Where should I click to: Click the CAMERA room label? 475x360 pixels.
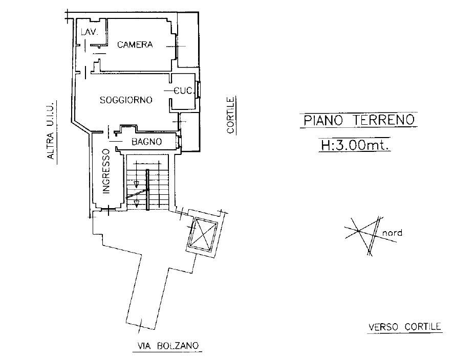[x=135, y=45]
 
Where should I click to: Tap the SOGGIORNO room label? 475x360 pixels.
[x=126, y=100]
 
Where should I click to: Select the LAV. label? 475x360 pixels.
[x=90, y=32]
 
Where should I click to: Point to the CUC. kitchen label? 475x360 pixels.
[x=183, y=91]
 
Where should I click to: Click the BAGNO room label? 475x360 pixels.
[x=146, y=142]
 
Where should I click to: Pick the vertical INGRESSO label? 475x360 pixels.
[x=106, y=171]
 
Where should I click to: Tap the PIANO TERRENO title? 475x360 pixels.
[x=359, y=120]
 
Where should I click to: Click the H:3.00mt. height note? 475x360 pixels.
[x=355, y=146]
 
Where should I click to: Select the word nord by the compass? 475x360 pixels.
[x=392, y=233]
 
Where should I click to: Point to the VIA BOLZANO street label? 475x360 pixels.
[x=168, y=346]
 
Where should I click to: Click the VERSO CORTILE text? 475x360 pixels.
[x=404, y=327]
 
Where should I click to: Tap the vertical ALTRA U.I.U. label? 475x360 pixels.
[x=51, y=130]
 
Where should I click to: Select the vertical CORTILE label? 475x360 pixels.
[x=230, y=115]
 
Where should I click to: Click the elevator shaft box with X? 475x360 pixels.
[x=202, y=233]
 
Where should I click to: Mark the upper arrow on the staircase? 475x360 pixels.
[x=136, y=184]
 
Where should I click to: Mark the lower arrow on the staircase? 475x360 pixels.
[x=136, y=204]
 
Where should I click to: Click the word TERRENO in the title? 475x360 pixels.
[x=383, y=120]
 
